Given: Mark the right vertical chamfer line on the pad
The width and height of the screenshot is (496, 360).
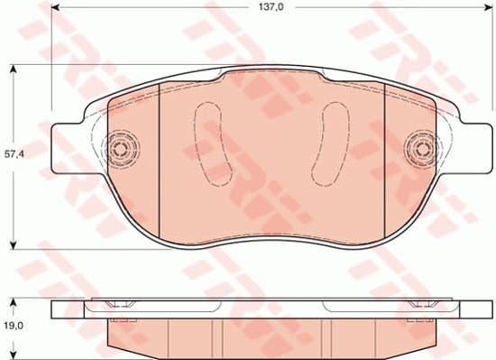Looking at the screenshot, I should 384,162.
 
